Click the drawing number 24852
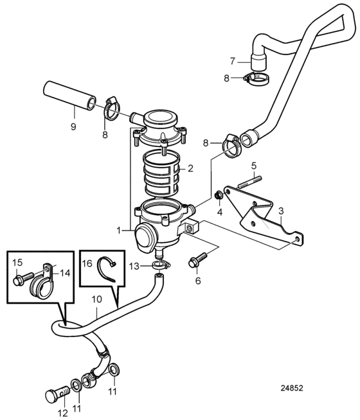(x=292, y=388)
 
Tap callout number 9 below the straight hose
(x=73, y=126)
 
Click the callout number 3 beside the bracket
(x=281, y=211)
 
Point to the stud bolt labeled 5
(x=249, y=182)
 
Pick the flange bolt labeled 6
(x=199, y=259)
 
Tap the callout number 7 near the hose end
(x=232, y=62)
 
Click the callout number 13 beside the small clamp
(x=134, y=267)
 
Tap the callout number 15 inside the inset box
(x=17, y=263)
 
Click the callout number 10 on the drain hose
(x=97, y=299)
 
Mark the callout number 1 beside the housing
(x=119, y=230)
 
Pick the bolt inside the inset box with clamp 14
(x=23, y=278)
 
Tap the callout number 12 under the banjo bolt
(x=63, y=414)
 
